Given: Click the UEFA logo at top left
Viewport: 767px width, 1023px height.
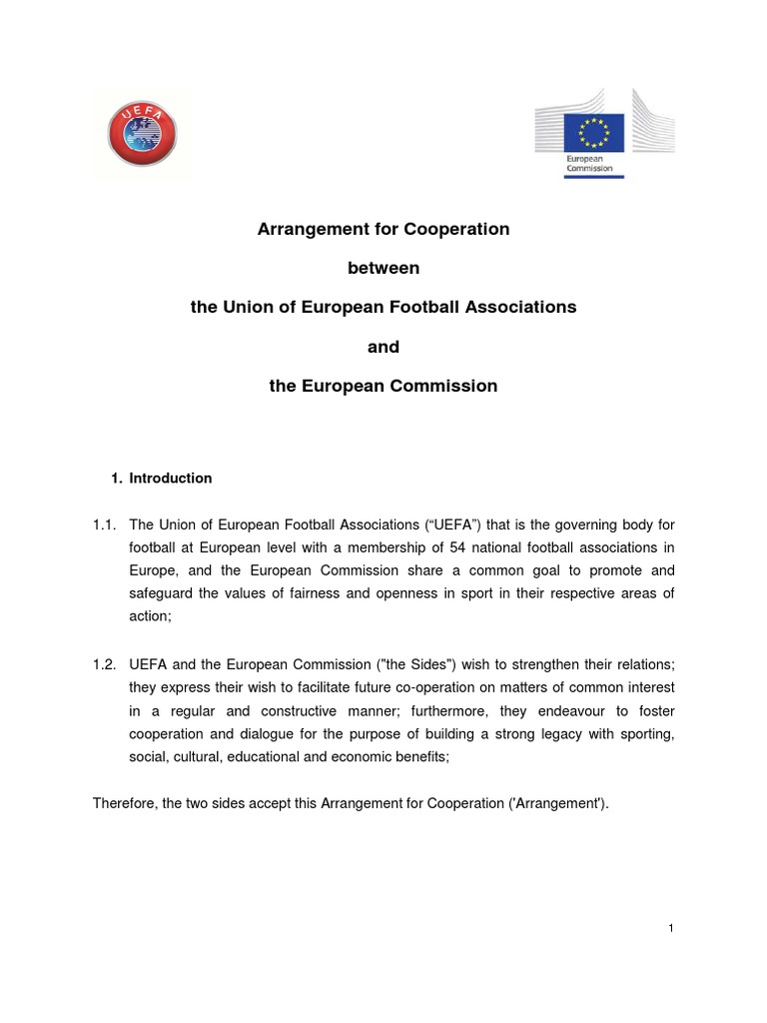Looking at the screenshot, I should click(142, 132).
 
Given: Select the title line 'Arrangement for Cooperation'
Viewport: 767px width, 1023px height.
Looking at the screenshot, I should click(383, 229).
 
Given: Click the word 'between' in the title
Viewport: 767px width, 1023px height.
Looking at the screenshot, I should click(383, 268).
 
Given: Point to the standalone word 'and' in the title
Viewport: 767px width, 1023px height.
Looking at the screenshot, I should click(383, 347).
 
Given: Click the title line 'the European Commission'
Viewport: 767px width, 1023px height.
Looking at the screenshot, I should click(383, 386).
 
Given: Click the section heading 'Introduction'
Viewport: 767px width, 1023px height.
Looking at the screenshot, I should click(171, 479).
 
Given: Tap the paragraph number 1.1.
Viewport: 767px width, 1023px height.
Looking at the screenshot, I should click(106, 523).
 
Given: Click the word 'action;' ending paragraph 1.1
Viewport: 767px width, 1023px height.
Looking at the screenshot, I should click(151, 616).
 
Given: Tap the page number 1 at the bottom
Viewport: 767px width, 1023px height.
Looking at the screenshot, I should click(672, 929).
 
